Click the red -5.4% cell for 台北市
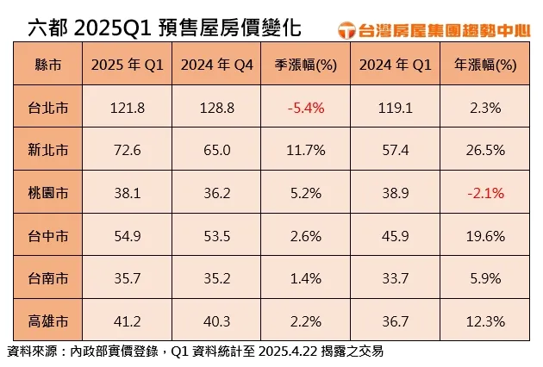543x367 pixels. [x=305, y=107]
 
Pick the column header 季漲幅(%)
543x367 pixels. [x=305, y=65]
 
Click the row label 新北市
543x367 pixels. [x=49, y=150]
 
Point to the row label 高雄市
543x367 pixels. [x=49, y=321]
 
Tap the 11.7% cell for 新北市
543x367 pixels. [x=305, y=150]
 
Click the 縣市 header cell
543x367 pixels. [x=49, y=65]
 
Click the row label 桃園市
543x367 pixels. [x=49, y=193]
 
